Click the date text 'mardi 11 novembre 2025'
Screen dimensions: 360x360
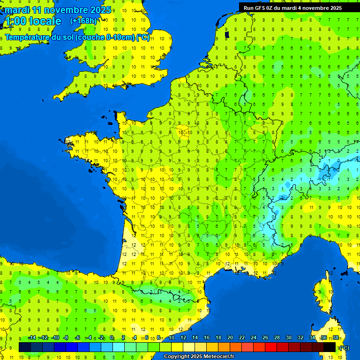(x=58, y=10)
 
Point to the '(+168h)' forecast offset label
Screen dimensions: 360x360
(x=83, y=21)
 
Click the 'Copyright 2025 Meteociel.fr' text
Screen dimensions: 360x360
(x=199, y=357)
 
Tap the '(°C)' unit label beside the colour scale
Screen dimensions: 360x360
(x=344, y=347)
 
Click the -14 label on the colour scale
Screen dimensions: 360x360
(x=32, y=338)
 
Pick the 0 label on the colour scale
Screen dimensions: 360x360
(x=112, y=338)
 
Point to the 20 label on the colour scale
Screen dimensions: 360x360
(x=230, y=338)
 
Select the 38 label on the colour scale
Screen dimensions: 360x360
(x=336, y=338)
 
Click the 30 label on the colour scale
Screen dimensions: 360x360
(x=288, y=338)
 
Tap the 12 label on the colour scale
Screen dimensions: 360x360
(x=183, y=338)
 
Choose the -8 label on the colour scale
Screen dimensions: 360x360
(x=66, y=338)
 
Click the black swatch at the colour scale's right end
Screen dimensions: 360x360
(x=330, y=347)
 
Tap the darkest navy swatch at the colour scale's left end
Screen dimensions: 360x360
(x=25, y=347)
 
